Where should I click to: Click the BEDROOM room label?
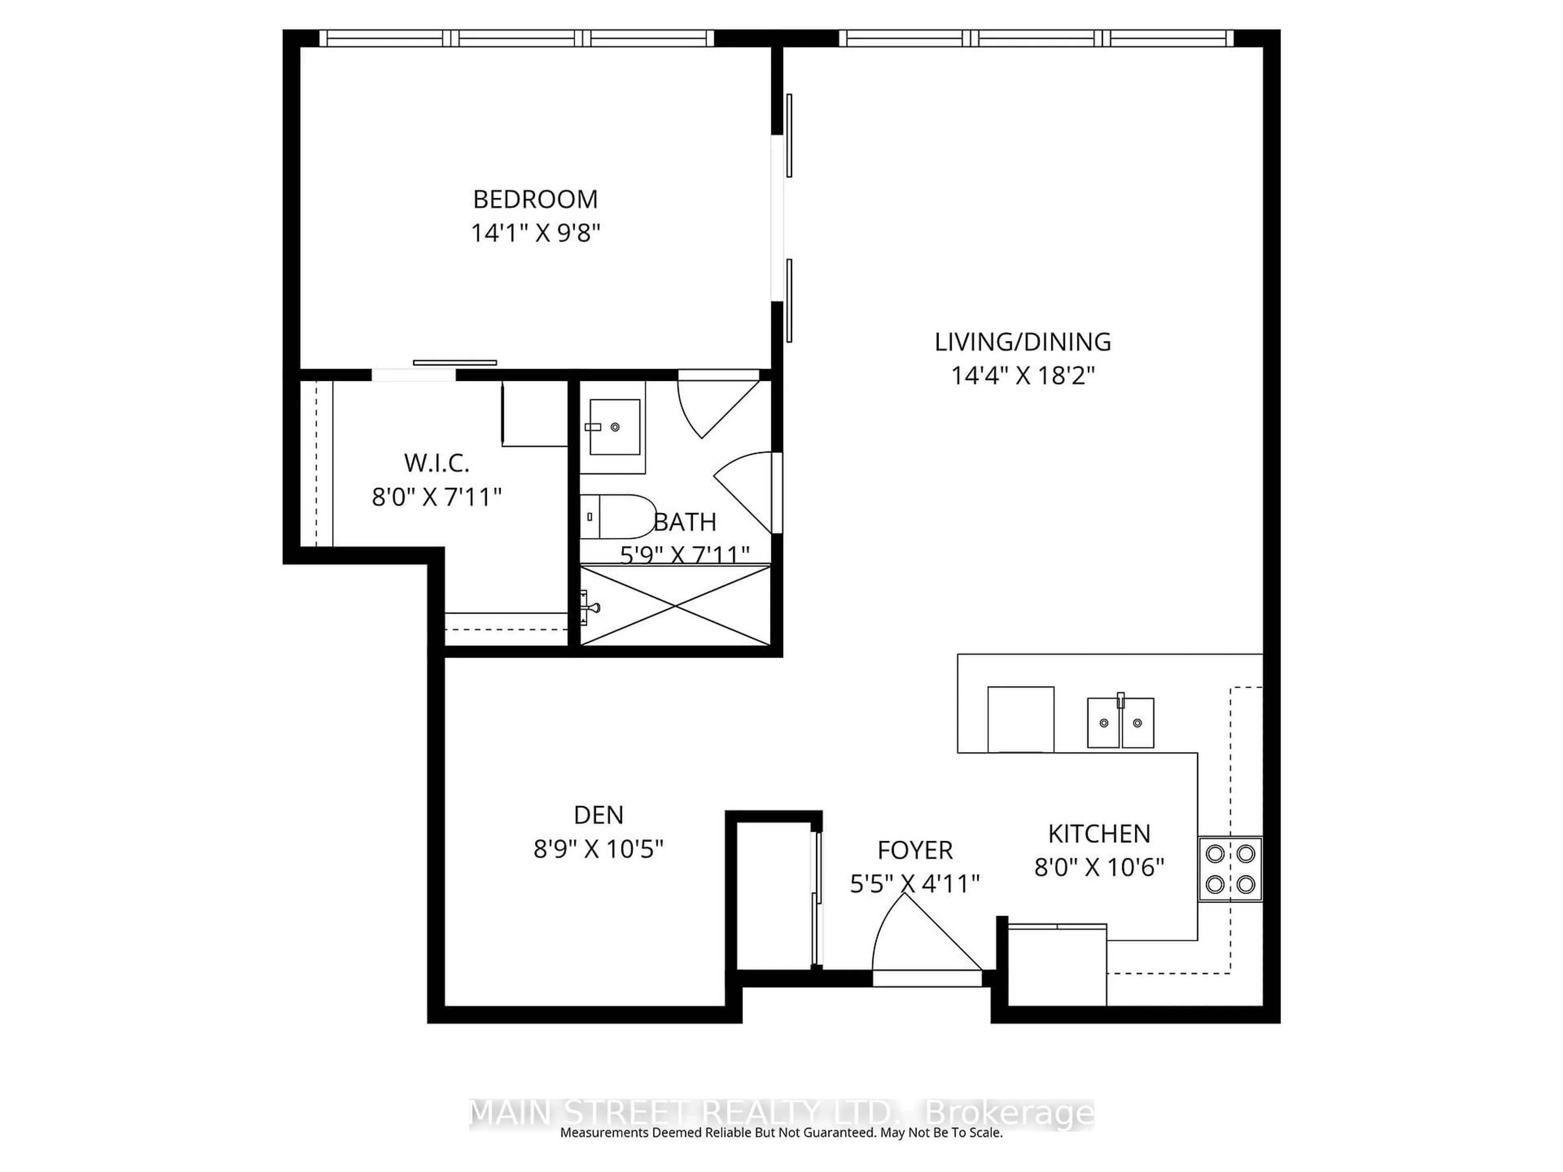pos(535,199)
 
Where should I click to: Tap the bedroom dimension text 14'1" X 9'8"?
pos(535,232)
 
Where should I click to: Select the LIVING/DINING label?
pos(1022,342)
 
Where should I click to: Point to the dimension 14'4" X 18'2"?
pos(1022,375)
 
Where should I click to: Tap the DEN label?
pos(598,815)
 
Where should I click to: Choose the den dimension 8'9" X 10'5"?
pos(598,848)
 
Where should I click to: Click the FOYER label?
pos(915,850)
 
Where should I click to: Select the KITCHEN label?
pos(1099,833)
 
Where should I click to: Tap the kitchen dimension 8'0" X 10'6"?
pos(1099,867)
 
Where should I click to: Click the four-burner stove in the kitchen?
pos(1230,869)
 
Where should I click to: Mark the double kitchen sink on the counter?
pos(1120,722)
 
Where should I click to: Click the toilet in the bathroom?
pos(617,516)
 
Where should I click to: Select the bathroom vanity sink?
pos(614,427)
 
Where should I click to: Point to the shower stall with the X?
pos(676,606)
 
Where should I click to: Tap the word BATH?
pos(685,522)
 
